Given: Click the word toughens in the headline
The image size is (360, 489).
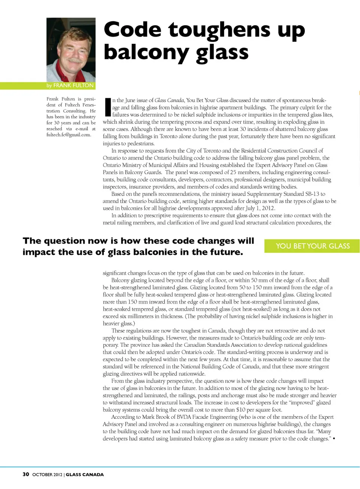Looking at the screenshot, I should click(219, 30).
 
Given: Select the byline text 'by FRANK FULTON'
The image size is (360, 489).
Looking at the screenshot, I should click(70, 86).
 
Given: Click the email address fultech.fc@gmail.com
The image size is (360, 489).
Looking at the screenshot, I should click(69, 135).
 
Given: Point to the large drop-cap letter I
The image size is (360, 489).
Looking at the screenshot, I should click(107, 107).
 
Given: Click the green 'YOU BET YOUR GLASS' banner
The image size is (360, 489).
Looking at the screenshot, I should click(312, 246).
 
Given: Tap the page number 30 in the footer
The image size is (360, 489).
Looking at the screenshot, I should click(25, 474).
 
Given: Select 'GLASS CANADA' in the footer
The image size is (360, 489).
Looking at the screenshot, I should click(85, 475).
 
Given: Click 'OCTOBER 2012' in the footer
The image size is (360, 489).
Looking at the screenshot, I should click(47, 475).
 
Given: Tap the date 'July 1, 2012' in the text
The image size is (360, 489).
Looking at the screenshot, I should click(260, 208).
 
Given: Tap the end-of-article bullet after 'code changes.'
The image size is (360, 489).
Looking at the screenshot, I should click(334, 438).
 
